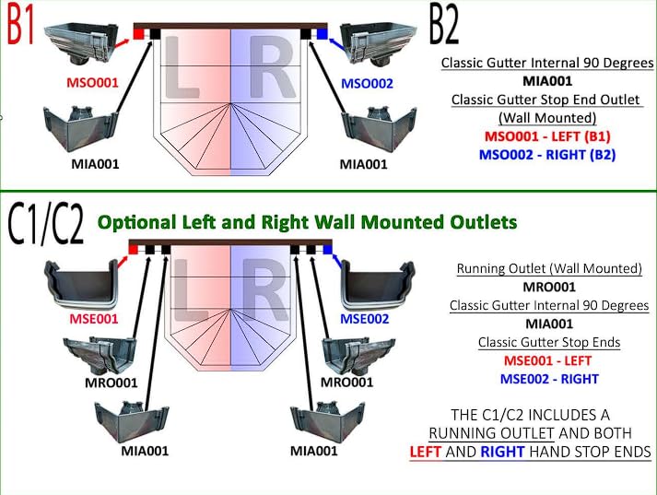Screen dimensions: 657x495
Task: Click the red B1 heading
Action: (20, 24)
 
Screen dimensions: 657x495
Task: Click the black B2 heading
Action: (444, 24)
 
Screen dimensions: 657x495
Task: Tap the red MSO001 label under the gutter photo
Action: (92, 83)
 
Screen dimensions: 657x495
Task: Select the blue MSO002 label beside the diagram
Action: (367, 83)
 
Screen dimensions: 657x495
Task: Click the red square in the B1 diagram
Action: (138, 33)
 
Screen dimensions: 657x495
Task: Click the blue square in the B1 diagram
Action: (322, 33)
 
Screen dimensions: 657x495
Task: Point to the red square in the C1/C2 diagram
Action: (134, 250)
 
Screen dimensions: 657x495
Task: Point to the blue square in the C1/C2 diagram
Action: (327, 250)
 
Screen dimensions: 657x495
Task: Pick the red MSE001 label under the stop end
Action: (94, 319)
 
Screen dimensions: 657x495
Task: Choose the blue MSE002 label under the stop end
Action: (365, 319)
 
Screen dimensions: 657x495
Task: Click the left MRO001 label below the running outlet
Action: (111, 383)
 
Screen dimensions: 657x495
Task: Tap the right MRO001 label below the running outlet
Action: (346, 383)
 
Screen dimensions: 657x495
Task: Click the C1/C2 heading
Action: (46, 224)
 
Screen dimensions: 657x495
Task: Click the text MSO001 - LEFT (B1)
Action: (547, 136)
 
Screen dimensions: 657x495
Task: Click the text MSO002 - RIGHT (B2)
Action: (547, 155)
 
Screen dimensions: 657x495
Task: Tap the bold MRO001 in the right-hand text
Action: (549, 287)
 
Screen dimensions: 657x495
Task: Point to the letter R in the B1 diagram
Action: (272, 66)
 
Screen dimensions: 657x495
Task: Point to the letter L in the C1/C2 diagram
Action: (190, 289)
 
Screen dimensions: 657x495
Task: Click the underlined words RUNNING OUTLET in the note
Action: (491, 433)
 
